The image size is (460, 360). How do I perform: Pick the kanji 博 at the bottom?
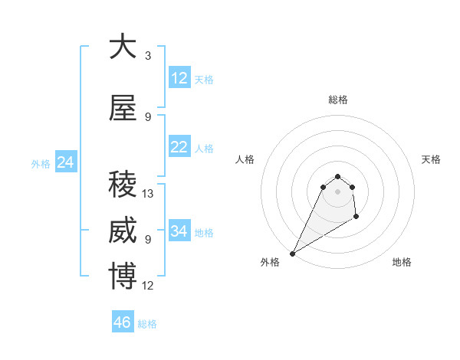point(123,277)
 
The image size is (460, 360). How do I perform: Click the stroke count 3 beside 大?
point(148,56)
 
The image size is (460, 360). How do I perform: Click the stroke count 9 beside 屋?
point(148,117)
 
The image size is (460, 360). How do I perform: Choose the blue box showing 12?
point(179,78)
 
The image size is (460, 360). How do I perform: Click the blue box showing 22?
point(179,147)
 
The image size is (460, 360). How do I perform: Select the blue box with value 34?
point(179,231)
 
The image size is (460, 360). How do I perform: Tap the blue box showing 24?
point(66,162)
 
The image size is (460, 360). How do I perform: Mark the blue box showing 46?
point(122,322)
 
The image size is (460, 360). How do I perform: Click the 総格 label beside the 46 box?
point(148,324)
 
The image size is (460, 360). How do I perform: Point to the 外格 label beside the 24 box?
point(41,163)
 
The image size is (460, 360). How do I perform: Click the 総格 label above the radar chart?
point(337,100)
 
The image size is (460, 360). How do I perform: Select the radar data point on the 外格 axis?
point(292,253)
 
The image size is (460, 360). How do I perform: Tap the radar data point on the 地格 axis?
point(356,218)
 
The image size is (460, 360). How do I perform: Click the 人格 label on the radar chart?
point(245,159)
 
